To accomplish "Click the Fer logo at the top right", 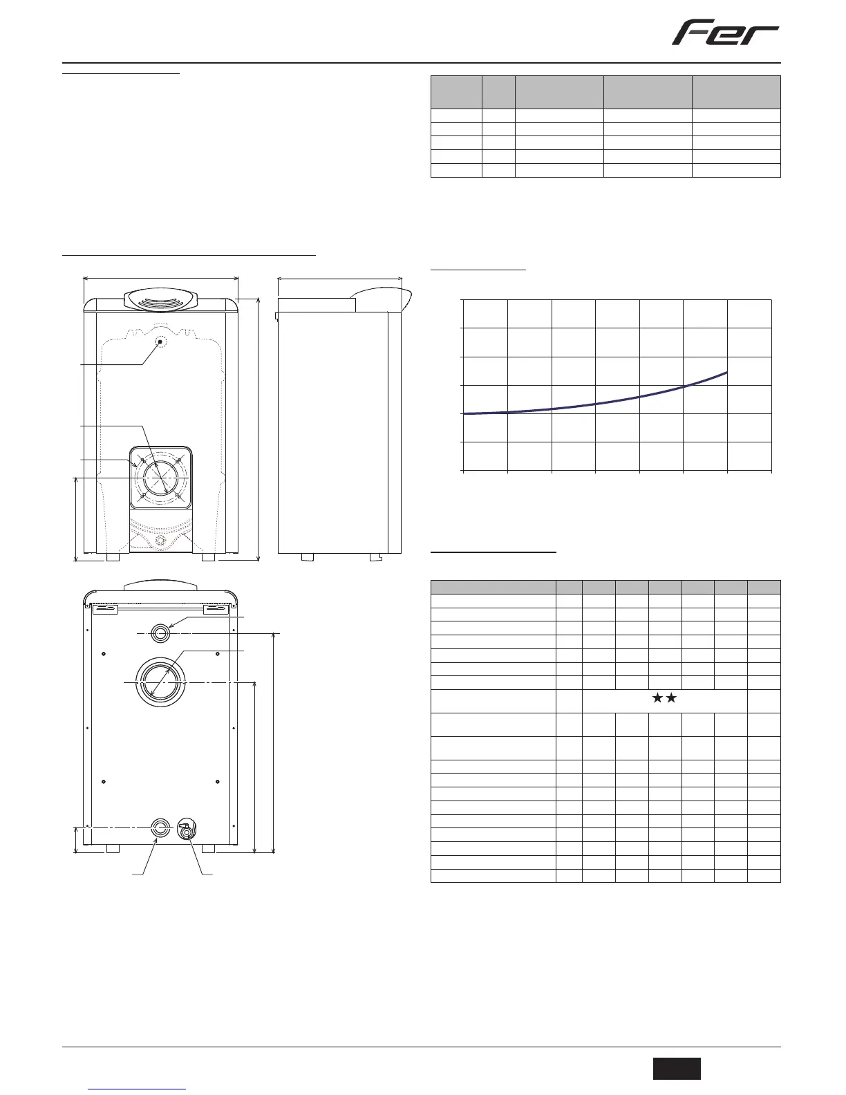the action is click(725, 32).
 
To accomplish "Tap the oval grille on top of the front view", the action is click(160, 300).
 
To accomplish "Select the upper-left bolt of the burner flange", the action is click(142, 460).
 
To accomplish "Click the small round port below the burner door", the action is click(161, 541).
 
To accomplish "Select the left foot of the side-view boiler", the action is click(308, 557).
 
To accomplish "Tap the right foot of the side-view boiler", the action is click(375, 557).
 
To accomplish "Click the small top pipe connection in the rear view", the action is click(160, 633).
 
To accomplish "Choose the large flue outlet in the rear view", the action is click(160, 682).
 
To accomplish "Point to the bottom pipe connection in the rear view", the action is click(160, 827).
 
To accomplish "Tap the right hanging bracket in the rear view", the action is click(216, 610).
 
